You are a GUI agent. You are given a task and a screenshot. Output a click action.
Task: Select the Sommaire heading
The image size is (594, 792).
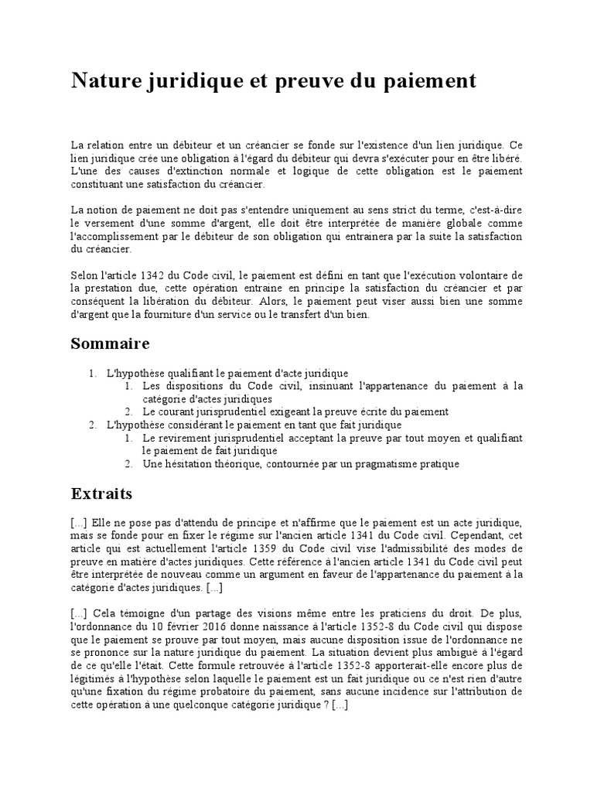tap(110, 343)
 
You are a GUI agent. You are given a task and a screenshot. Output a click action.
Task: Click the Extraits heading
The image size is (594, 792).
tap(101, 493)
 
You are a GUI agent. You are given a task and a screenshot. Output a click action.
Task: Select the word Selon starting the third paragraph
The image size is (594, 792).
tap(85, 276)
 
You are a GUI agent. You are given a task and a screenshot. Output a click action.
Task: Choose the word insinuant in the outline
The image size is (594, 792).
tap(334, 385)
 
